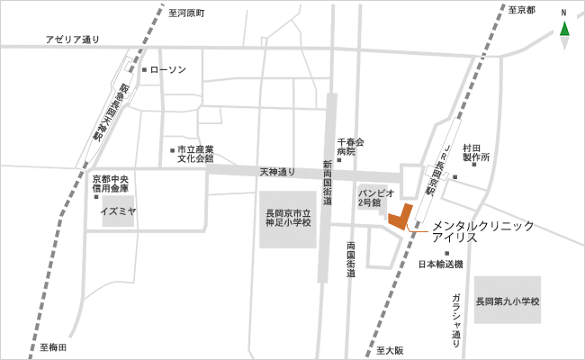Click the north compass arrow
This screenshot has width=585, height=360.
pos(564,30)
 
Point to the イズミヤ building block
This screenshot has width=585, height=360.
pos(117,212)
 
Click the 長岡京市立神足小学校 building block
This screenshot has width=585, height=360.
pos(288,220)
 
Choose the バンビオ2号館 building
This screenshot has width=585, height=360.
pos(372,199)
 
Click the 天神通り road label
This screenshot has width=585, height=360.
pos(277,171)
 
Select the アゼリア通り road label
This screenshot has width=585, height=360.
pos(74,40)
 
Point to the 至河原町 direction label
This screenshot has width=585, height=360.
pos(187,13)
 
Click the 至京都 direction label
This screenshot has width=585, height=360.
pos(520,11)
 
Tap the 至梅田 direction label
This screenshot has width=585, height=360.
pos(53,346)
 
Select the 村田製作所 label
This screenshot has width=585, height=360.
pos(475,151)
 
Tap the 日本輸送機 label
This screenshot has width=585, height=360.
pos(441,265)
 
